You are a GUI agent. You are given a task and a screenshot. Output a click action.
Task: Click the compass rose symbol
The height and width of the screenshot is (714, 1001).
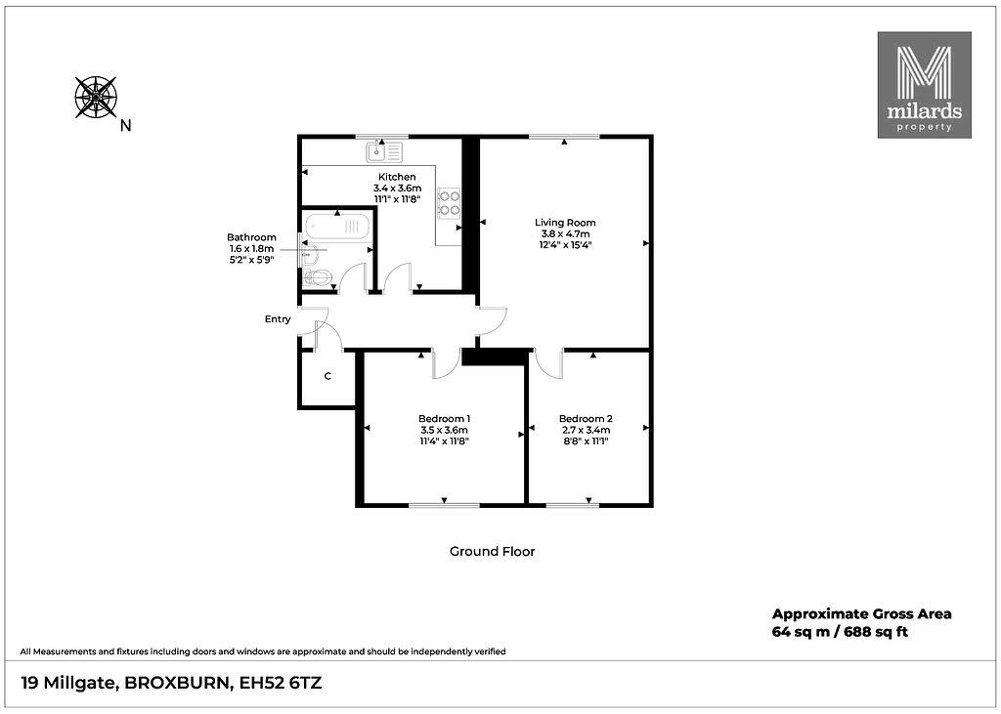click(96, 97)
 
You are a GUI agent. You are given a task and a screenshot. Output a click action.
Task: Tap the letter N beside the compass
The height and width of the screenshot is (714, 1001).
click(126, 126)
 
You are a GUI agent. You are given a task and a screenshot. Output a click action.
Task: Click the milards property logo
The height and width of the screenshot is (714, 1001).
click(925, 85)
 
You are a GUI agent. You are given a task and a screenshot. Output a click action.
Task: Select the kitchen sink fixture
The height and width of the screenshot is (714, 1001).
click(385, 151)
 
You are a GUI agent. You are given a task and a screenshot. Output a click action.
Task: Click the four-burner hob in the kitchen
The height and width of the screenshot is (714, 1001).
click(449, 203)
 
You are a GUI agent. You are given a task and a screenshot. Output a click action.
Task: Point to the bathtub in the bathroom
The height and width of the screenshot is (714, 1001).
click(337, 226)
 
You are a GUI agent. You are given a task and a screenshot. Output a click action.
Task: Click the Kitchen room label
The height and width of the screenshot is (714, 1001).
click(397, 177)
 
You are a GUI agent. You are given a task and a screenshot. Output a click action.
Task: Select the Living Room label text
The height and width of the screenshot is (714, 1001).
click(565, 223)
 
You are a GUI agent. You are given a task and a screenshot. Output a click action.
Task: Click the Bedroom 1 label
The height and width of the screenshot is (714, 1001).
click(445, 419)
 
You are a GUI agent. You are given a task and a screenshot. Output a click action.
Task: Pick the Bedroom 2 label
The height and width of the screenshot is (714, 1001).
click(586, 419)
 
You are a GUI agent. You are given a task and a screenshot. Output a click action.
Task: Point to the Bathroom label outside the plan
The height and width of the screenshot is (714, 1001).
click(251, 237)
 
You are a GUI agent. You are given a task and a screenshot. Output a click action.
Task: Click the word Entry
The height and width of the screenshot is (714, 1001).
click(278, 319)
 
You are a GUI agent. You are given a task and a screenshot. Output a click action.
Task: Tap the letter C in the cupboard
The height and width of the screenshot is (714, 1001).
click(327, 376)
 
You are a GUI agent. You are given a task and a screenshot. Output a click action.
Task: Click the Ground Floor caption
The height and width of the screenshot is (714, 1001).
click(493, 551)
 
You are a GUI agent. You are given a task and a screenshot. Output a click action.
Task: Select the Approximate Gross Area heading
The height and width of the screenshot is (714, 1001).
click(862, 613)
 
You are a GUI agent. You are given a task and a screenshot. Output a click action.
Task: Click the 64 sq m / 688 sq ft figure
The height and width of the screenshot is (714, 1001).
click(840, 632)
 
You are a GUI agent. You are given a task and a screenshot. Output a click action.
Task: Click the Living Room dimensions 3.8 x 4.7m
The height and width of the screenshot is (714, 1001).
click(565, 233)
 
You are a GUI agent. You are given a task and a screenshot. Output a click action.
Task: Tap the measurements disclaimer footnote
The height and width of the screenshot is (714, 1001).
click(263, 652)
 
